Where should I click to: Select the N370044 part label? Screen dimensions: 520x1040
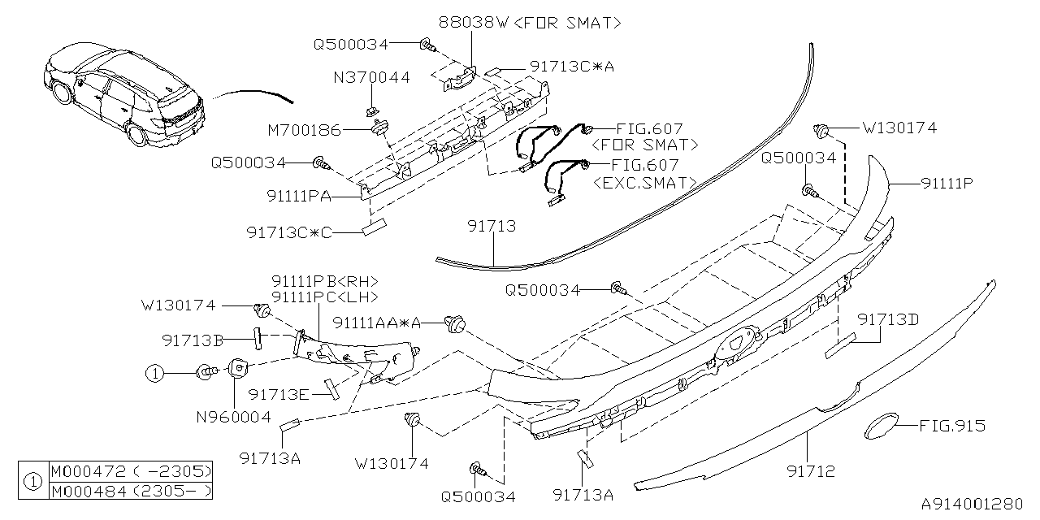coord(371,78)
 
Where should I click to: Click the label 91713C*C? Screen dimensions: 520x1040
coord(289,232)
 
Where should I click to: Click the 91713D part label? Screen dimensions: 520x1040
coord(889,319)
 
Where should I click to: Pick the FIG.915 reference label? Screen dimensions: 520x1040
coord(952,426)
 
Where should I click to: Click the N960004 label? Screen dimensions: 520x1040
coord(235,418)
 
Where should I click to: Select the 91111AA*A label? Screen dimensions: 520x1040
coord(377,323)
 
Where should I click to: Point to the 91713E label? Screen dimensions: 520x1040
coord(279,394)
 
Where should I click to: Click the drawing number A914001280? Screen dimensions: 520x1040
coord(972,504)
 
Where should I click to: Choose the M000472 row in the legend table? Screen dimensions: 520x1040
coord(131,472)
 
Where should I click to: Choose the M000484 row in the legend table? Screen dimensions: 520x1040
coord(131,491)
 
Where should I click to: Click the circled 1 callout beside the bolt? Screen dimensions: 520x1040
coord(154,373)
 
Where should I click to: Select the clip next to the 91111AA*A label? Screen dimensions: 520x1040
coord(456,325)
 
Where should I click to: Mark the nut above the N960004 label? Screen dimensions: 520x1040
coord(236,369)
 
